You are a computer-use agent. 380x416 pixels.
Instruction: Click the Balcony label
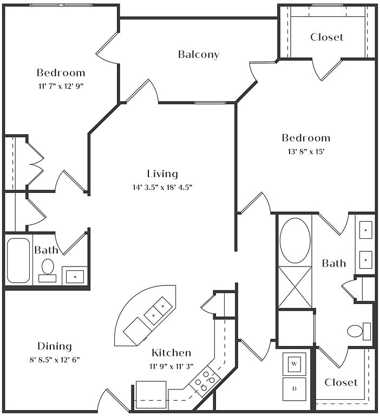[199, 54]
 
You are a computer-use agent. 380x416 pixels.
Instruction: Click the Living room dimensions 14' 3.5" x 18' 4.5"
[162, 187]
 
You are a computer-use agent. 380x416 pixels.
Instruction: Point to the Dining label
[55, 346]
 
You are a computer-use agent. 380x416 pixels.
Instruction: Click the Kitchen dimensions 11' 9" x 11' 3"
[171, 366]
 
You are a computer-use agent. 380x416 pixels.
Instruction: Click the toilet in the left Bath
[48, 269]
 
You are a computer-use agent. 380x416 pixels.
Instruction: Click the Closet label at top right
[326, 37]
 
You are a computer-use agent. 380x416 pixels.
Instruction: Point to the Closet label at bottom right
[341, 382]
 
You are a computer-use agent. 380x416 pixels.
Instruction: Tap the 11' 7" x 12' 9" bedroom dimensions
[61, 86]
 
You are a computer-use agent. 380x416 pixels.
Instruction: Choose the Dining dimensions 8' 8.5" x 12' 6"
[55, 360]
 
